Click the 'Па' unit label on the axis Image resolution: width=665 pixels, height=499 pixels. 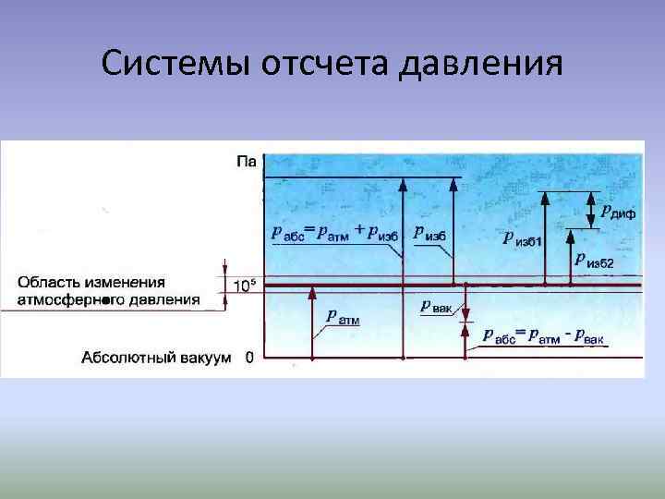point(246,162)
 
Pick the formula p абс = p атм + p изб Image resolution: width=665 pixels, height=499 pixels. point(335,232)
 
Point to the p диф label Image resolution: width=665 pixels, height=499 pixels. point(617,213)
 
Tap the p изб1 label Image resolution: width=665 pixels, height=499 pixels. point(523,239)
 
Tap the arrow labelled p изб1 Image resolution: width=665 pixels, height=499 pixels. point(546,236)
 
